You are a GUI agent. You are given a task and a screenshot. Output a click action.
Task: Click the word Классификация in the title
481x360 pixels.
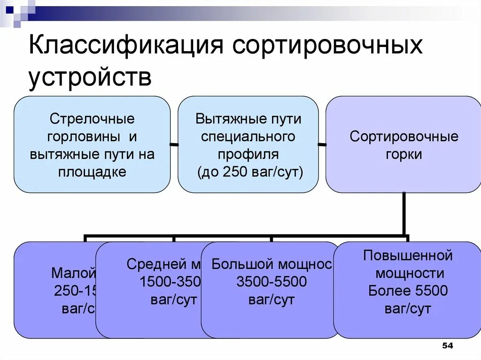pos(125,48)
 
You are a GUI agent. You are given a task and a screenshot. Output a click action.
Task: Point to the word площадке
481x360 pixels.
pos(92,171)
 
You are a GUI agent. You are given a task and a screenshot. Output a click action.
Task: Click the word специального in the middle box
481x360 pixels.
pos(248,136)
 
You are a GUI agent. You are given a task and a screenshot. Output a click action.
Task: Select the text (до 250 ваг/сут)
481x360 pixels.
pos(248,171)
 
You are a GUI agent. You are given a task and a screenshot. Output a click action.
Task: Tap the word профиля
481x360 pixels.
pos(248,154)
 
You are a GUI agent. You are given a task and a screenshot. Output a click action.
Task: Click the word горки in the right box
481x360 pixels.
pos(403,154)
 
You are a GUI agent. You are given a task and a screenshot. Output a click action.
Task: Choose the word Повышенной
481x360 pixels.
pos(408,256)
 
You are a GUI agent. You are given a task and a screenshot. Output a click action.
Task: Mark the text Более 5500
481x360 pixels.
pos(408,291)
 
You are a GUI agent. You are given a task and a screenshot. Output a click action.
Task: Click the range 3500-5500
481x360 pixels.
pos(272,282)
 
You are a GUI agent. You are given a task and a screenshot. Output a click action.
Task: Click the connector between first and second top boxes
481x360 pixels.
pos(174,144)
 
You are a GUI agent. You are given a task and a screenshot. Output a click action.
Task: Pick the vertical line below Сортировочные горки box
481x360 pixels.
pos(403,214)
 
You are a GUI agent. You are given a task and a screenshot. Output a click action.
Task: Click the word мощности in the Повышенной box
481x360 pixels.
pos(408,273)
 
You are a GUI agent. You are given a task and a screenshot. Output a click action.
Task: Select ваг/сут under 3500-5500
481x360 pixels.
pos(272,299)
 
